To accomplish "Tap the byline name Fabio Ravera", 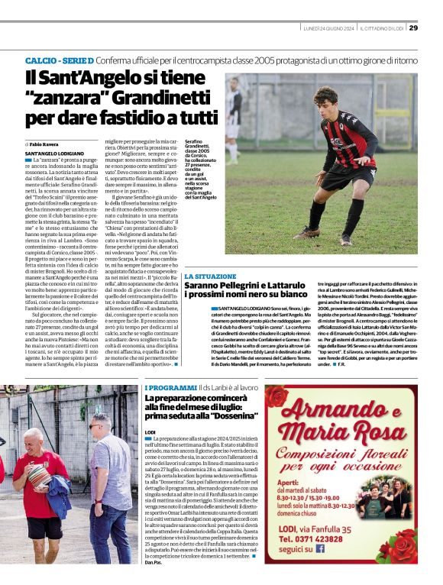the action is (44, 144).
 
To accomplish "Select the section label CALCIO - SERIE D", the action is (60, 60).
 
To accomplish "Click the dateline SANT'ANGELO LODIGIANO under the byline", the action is (54, 154).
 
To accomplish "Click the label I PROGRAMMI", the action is (170, 388).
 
